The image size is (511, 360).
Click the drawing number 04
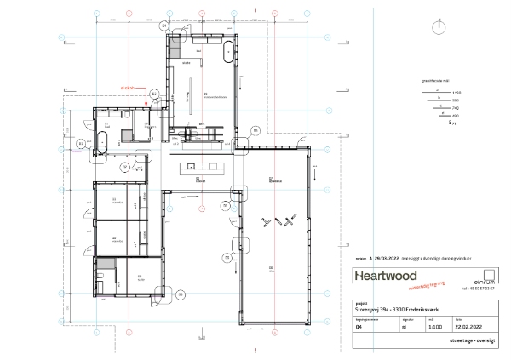[x=358, y=323]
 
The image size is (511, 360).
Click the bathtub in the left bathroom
[x=101, y=142]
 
